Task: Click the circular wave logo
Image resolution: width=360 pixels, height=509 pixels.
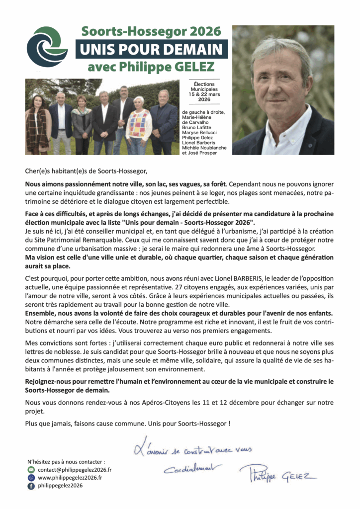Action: pyautogui.click(x=47, y=47)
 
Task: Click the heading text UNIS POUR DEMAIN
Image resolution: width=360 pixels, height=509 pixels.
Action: pyautogui.click(x=151, y=50)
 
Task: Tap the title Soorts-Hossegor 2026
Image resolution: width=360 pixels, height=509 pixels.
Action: pyautogui.click(x=151, y=31)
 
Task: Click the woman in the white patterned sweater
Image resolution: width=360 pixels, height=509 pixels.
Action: pyautogui.click(x=139, y=124)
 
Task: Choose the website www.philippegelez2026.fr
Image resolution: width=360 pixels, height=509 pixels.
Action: pyautogui.click(x=70, y=477)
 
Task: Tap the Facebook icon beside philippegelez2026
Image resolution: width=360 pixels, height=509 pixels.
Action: pyautogui.click(x=31, y=486)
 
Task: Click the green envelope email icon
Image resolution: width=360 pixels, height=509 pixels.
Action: pyautogui.click(x=31, y=469)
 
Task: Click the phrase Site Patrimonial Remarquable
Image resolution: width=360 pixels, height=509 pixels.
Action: pyautogui.click(x=73, y=241)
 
